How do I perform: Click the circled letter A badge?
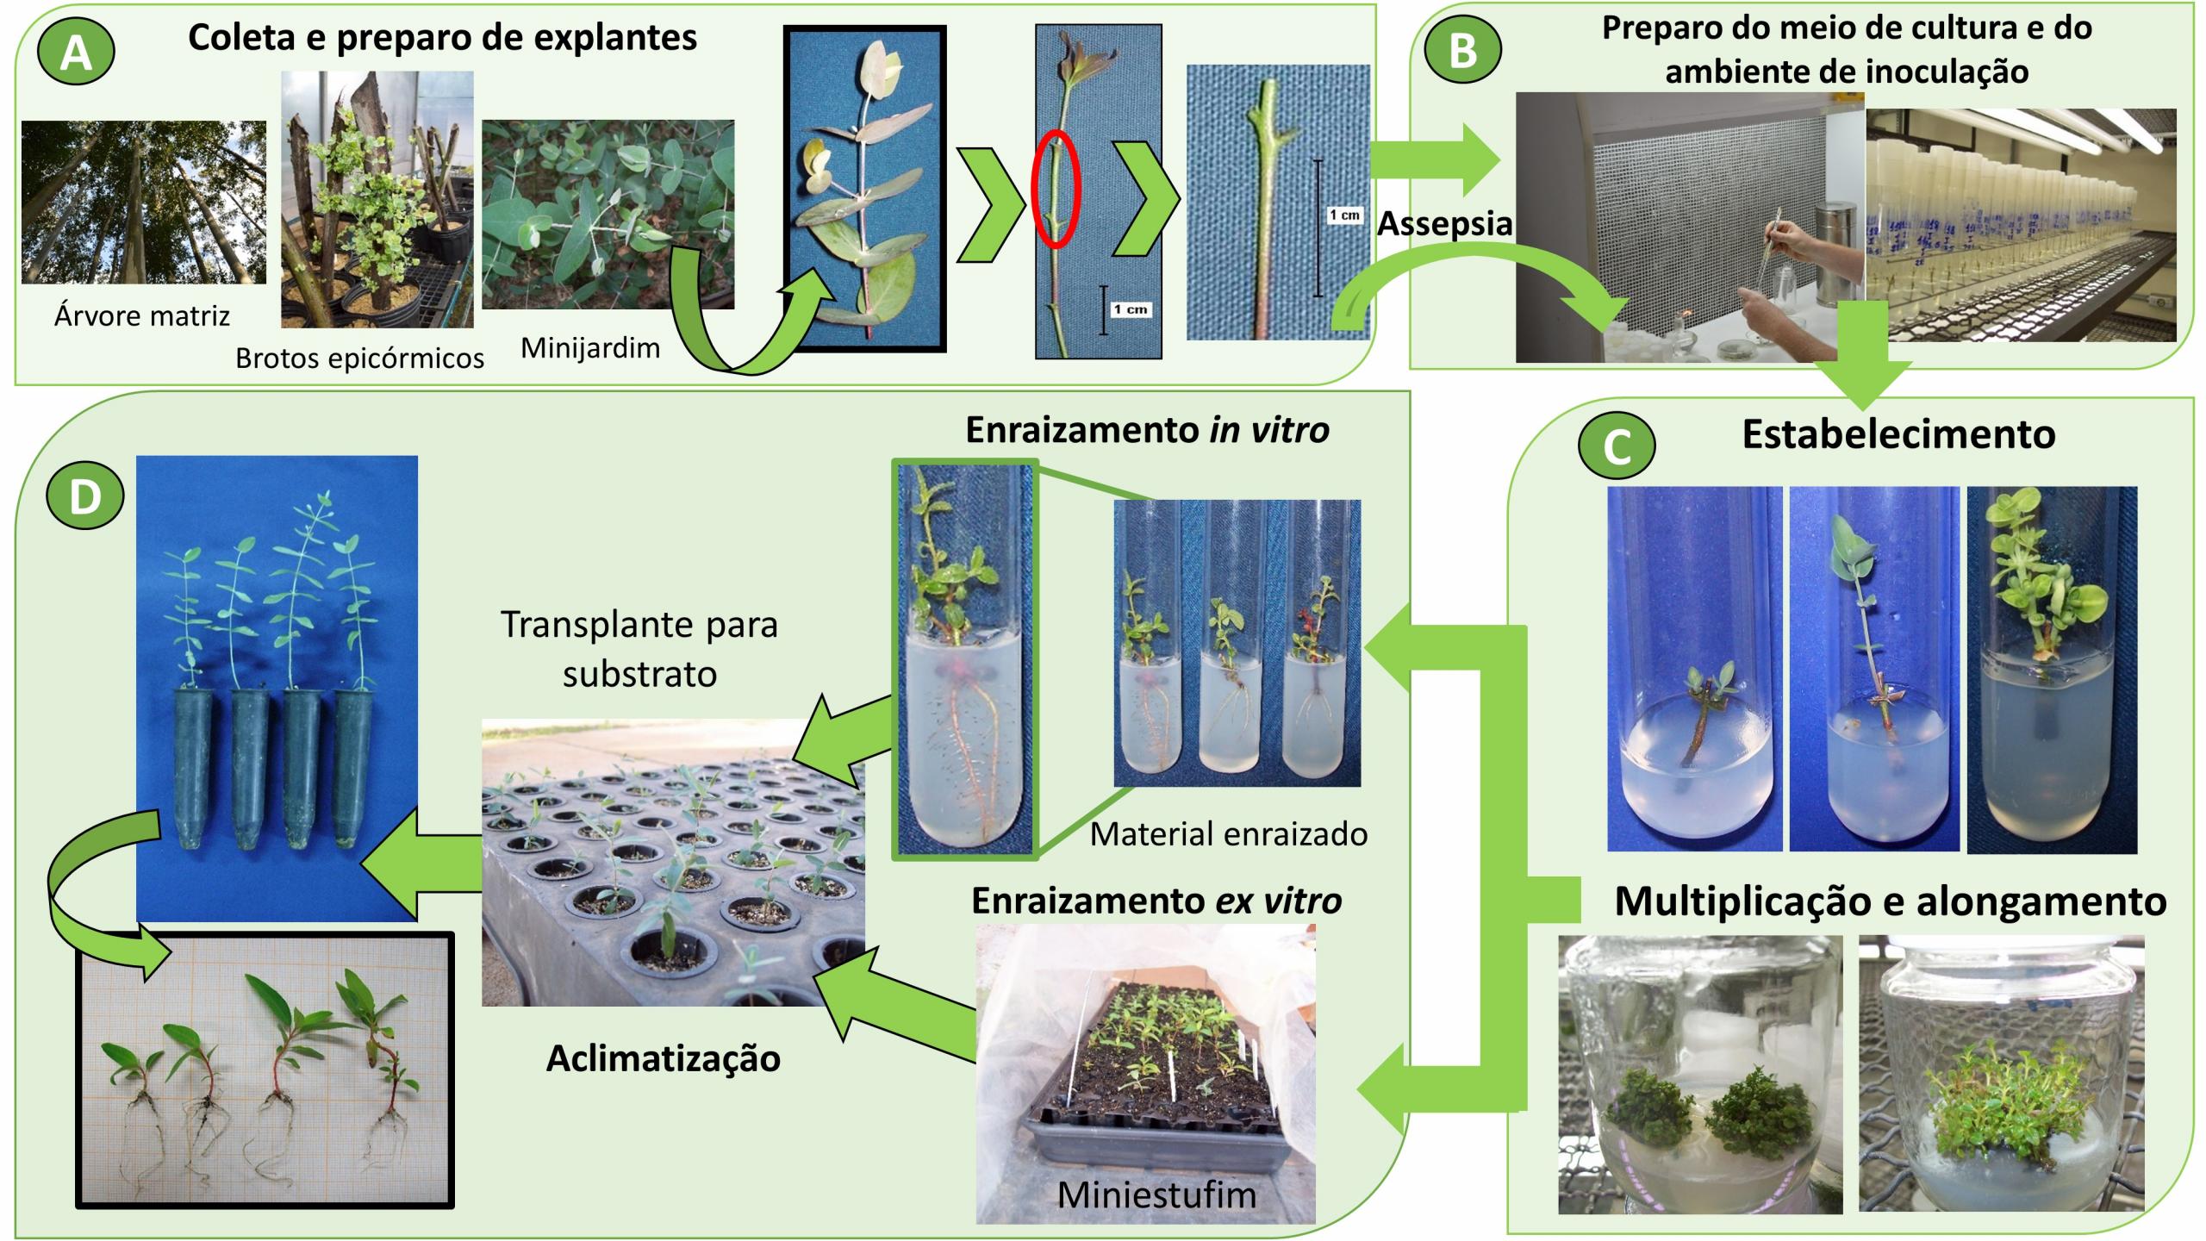point(77,54)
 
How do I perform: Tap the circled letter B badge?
point(1463,51)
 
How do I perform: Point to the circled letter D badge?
point(85,497)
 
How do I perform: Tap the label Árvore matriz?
point(142,316)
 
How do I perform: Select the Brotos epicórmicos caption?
point(359,359)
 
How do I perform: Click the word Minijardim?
point(590,348)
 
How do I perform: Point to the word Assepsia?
point(1444,224)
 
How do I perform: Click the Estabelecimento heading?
point(1898,434)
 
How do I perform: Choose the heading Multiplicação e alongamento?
point(1890,901)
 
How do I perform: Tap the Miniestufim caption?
point(1156,1194)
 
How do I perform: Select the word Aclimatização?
point(664,1058)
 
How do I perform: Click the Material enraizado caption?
point(1228,833)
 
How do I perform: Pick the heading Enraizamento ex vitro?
point(1156,901)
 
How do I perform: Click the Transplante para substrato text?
point(639,648)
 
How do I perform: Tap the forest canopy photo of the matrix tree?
point(144,202)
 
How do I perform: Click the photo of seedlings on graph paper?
point(265,1070)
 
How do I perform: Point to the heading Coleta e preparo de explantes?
point(442,38)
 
